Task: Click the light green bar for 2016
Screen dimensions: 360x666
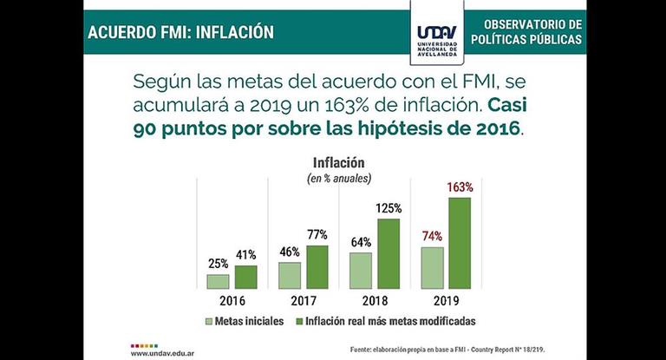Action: (x=218, y=281)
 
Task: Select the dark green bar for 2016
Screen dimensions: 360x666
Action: (x=245, y=277)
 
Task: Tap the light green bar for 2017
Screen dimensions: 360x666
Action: (x=290, y=275)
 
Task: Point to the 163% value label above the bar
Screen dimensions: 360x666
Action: (x=460, y=187)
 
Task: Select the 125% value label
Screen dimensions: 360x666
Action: (x=388, y=208)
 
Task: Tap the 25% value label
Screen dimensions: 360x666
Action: (x=218, y=264)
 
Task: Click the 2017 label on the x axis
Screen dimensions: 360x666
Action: (x=304, y=301)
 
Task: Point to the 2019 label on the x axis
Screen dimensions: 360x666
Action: (x=446, y=301)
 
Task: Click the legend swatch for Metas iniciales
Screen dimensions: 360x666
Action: (x=209, y=321)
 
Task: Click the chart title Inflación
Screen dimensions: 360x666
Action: (x=338, y=162)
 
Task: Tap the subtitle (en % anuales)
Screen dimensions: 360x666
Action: (x=338, y=178)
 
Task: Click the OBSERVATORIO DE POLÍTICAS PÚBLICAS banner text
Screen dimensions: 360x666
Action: (x=526, y=32)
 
